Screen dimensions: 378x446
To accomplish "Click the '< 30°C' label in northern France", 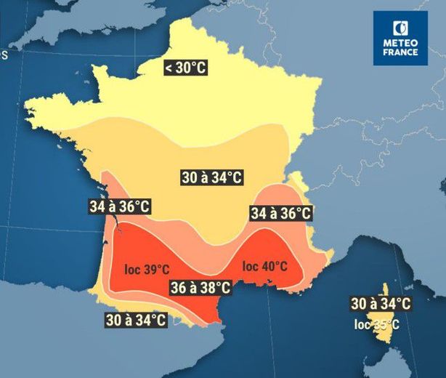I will click(185, 68).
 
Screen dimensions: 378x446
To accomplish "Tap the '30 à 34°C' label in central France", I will click(212, 176).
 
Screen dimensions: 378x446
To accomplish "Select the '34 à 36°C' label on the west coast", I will click(120, 207).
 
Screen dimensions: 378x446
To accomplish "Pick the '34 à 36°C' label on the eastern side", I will click(280, 214).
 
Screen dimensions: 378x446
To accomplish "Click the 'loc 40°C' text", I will click(265, 266).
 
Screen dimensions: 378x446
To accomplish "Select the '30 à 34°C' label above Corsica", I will click(381, 303).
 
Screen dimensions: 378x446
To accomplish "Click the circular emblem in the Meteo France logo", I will click(400, 28).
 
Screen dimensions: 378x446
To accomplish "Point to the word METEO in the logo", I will click(401, 43).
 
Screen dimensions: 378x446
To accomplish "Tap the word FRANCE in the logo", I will click(401, 53).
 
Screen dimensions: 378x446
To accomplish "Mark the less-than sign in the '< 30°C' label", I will click(169, 68).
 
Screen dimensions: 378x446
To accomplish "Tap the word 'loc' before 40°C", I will click(250, 266).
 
